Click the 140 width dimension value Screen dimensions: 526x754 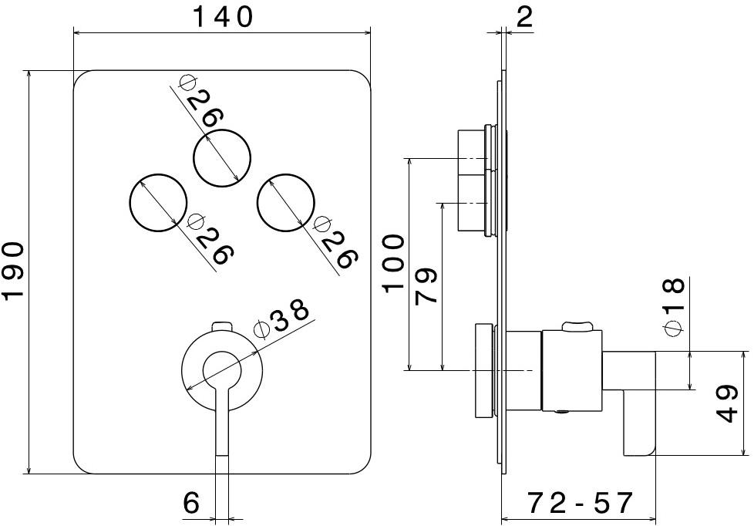point(221,16)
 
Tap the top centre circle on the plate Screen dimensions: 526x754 point(222,158)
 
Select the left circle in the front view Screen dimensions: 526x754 point(158,204)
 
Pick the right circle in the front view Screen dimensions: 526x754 point(286,204)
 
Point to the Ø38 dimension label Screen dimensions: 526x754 point(281,318)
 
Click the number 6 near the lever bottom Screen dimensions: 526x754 point(191,503)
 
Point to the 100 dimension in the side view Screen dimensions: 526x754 point(393,262)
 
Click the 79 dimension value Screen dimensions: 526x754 point(426,285)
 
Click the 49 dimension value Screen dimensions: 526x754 point(728,403)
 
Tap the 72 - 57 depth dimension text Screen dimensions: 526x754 point(580,503)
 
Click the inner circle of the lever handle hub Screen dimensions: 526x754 point(222,369)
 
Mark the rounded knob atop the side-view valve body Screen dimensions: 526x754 point(578,327)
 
